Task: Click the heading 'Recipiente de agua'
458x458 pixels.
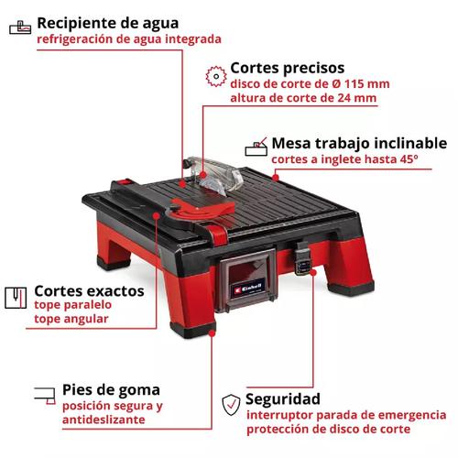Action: click(x=108, y=24)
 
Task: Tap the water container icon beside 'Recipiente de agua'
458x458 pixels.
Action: click(x=20, y=27)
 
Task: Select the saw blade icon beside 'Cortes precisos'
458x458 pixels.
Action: click(x=216, y=76)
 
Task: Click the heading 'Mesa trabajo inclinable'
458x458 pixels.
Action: click(x=359, y=143)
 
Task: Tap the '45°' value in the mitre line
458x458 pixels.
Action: click(x=409, y=158)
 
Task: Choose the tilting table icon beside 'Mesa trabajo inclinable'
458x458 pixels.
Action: click(x=256, y=147)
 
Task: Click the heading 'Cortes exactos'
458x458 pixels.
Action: click(x=89, y=291)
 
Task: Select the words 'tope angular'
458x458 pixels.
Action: click(x=71, y=319)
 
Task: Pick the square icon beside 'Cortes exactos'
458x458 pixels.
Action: click(x=16, y=298)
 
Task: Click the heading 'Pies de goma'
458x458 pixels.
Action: click(x=111, y=390)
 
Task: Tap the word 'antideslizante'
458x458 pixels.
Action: click(x=104, y=420)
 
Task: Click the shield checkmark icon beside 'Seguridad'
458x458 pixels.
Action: click(x=231, y=405)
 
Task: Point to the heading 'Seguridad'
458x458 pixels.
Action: click(x=283, y=399)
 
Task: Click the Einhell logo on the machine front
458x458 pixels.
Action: click(x=247, y=289)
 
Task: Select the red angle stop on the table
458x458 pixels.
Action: click(x=202, y=208)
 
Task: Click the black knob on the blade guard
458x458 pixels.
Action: click(x=186, y=164)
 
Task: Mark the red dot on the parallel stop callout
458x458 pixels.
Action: click(x=156, y=216)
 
